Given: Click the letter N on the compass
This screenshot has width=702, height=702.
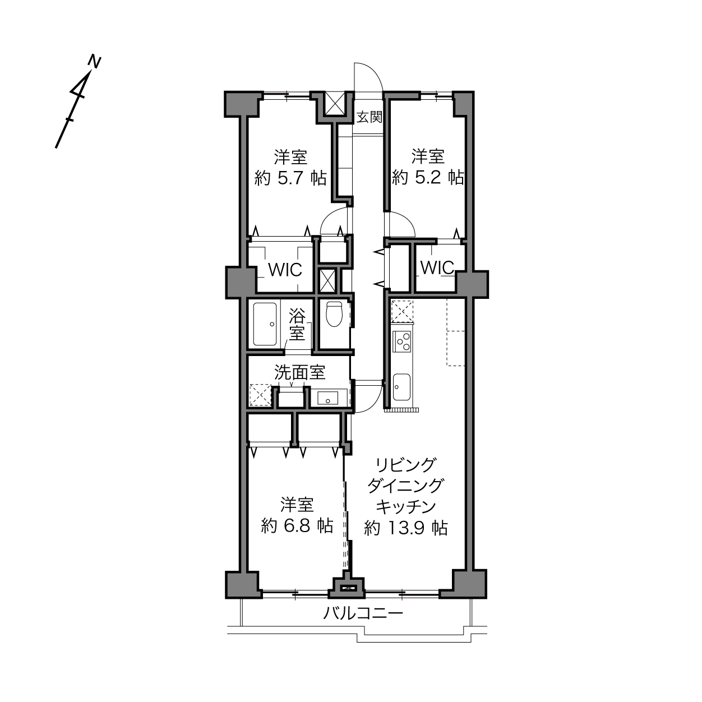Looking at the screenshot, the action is coord(95,62).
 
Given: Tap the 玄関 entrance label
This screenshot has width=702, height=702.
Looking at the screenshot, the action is coord(369,117).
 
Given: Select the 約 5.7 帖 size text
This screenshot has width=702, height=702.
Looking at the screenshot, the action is coord(290,178).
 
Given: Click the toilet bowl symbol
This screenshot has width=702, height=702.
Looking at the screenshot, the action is coord(334,313).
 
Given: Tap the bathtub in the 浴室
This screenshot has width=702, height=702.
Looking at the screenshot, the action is coord(265,324).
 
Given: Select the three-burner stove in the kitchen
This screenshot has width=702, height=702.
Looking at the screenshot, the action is coord(401,341).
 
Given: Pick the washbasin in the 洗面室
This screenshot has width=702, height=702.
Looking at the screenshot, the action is coord(327,398).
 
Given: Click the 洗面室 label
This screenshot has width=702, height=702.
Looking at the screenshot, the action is coord(299,372).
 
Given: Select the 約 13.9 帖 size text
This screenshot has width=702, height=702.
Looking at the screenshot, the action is coord(406,528).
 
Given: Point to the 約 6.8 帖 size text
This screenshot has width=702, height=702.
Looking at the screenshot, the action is coord(297,526).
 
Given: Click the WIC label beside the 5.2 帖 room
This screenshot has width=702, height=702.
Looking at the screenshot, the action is coord(437,268).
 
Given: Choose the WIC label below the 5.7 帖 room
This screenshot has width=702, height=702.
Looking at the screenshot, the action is coord(285,270).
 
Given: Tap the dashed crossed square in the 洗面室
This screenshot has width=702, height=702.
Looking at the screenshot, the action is coord(260,395).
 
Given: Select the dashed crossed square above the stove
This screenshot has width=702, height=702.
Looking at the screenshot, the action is coord(402,311).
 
